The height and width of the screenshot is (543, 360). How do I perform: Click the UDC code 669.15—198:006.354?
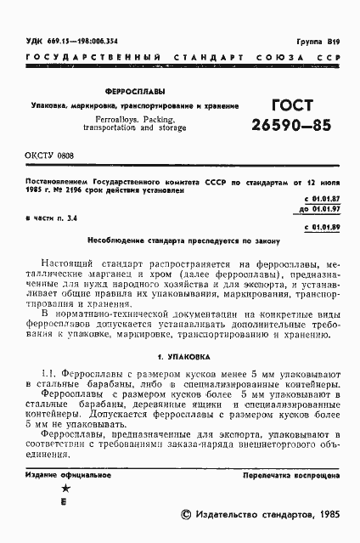(x=71, y=40)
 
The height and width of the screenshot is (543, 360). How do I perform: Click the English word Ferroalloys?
(x=105, y=120)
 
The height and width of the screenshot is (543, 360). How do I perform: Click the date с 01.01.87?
(x=322, y=198)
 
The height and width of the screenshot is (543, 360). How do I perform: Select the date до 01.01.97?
(x=320, y=209)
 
